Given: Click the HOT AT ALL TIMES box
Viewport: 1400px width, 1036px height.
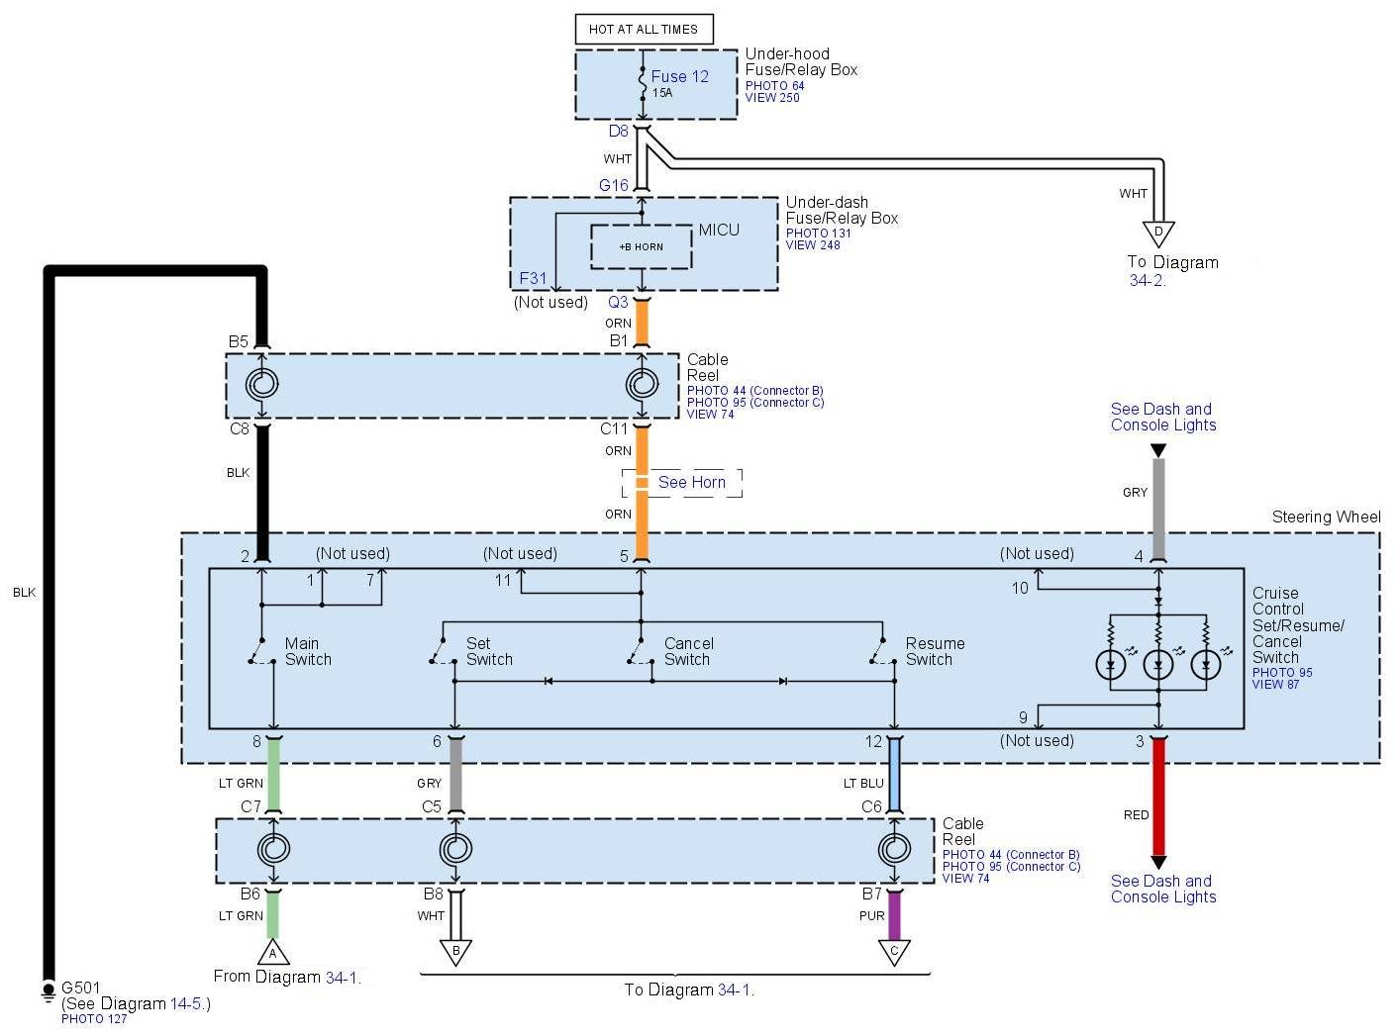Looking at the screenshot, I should (644, 30).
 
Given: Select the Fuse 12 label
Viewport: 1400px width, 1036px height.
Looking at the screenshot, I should (679, 76).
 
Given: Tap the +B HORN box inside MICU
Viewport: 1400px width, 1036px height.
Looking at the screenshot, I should (641, 246).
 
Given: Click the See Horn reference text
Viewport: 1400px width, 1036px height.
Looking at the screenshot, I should (691, 483).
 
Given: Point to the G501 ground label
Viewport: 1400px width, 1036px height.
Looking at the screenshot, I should (81, 988).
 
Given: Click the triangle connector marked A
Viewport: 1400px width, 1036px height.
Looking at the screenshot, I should (273, 953).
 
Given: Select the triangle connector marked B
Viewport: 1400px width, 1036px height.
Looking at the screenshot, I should (455, 952).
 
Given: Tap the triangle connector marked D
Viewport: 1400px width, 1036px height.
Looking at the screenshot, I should (1158, 234).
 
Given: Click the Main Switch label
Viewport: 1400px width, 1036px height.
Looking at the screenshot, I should (307, 651).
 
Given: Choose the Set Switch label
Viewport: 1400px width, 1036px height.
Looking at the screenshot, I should (489, 651).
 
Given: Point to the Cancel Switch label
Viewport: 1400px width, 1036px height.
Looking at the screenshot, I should (688, 651).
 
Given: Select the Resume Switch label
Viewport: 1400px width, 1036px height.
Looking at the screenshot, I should (934, 651).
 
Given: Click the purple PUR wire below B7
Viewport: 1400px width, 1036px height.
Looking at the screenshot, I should (894, 915).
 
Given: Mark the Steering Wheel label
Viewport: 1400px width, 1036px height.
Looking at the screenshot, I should (1326, 518).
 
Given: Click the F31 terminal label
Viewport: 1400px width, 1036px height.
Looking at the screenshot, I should (533, 279).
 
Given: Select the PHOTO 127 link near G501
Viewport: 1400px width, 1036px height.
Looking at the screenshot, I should (94, 1019).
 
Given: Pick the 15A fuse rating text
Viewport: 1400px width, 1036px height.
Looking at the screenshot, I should (662, 93).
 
